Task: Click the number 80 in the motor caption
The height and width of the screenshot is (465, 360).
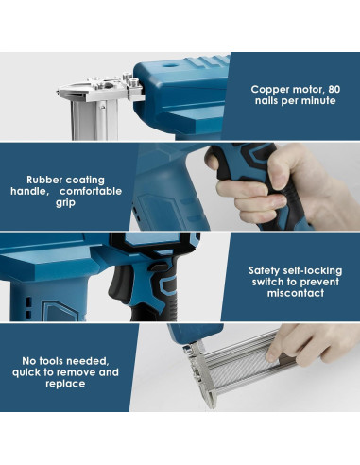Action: click(x=334, y=89)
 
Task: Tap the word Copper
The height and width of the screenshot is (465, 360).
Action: click(x=270, y=90)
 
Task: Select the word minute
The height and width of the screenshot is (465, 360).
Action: click(x=318, y=101)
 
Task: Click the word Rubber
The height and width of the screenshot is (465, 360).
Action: click(x=44, y=180)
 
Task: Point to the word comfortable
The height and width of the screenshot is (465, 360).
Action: click(x=91, y=191)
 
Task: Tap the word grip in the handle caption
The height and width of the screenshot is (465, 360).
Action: click(x=65, y=203)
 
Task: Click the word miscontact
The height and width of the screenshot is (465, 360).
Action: click(x=296, y=293)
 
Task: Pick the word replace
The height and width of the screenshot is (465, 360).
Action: click(x=65, y=384)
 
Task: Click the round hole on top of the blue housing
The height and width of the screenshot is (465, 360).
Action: click(x=171, y=65)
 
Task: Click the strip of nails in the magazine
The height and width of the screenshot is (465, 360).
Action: click(x=238, y=369)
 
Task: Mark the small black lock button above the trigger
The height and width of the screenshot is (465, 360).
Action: click(x=160, y=267)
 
